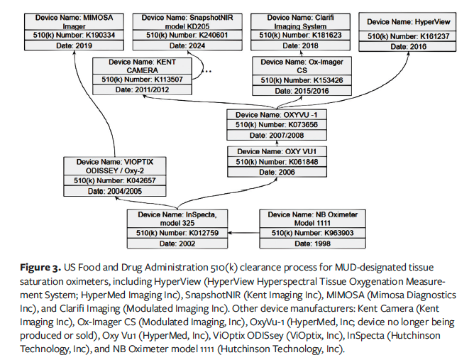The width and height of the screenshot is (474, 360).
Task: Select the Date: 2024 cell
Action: (x=175, y=47)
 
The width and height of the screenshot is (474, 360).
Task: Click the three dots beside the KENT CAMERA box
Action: (x=209, y=72)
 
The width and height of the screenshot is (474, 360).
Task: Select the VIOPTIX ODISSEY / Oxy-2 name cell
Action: (x=115, y=167)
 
